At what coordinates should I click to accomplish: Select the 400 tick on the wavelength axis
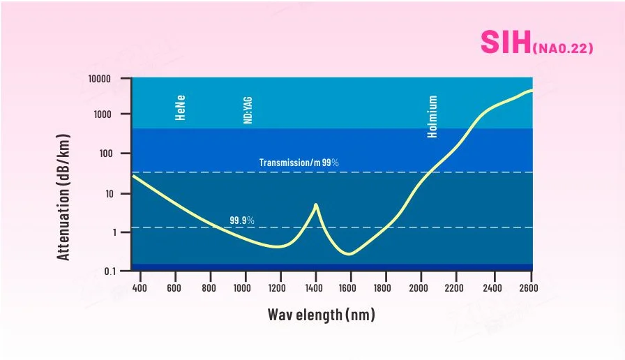pyautogui.click(x=138, y=287)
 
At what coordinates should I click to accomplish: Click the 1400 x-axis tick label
pyautogui.click(x=315, y=287)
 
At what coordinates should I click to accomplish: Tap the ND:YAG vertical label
pyautogui.click(x=247, y=110)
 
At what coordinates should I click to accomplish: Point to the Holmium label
pyautogui.click(x=433, y=117)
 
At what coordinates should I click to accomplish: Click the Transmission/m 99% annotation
pyautogui.click(x=299, y=163)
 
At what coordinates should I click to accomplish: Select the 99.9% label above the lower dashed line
pyautogui.click(x=242, y=220)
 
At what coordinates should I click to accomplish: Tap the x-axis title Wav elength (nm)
pyautogui.click(x=322, y=315)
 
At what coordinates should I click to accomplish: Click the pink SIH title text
pyautogui.click(x=505, y=43)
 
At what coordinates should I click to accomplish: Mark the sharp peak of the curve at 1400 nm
pyautogui.click(x=316, y=205)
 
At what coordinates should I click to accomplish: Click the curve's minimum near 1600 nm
pyautogui.click(x=349, y=254)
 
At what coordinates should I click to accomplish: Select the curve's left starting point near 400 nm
pyautogui.click(x=133, y=176)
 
